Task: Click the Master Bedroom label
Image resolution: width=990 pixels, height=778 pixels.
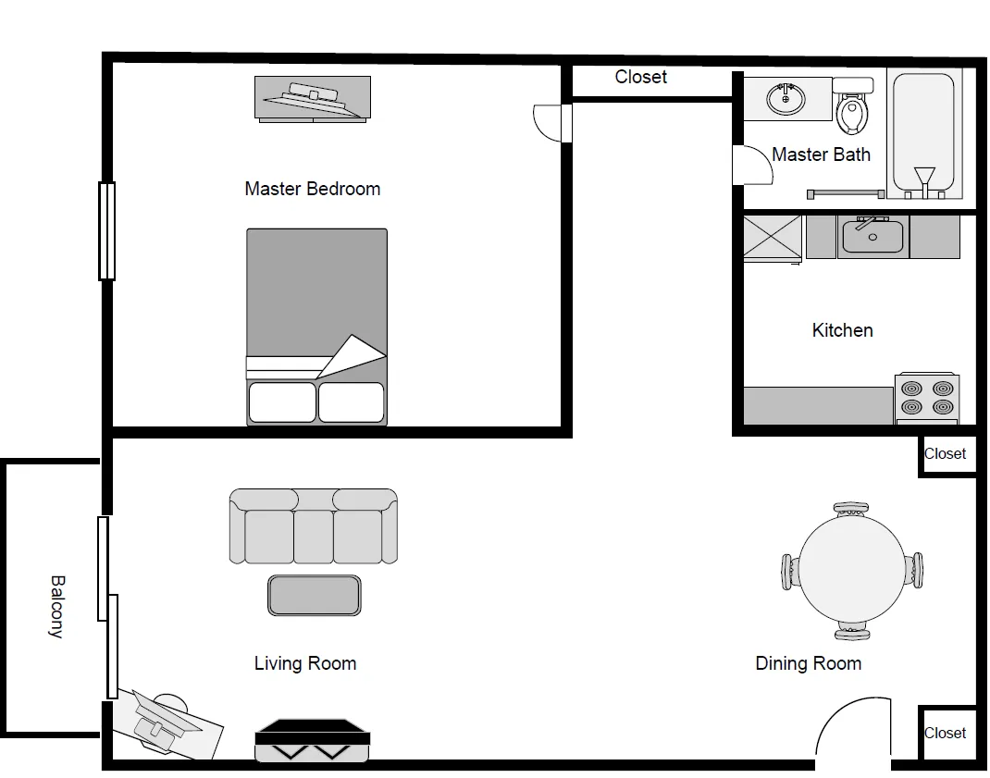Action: point(312,189)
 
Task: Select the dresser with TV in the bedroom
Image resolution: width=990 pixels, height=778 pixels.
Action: point(313,98)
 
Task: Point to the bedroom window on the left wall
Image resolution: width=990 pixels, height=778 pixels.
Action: point(107,230)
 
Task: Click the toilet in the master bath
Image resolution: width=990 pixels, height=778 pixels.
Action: point(851,107)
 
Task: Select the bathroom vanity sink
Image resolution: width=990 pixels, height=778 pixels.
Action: point(787,98)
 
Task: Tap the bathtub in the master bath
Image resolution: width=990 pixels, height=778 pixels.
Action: point(922,134)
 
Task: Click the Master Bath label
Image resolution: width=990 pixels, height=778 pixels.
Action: point(821,154)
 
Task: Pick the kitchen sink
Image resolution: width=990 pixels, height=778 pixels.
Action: point(871,237)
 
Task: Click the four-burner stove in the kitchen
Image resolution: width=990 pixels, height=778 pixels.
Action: point(927,398)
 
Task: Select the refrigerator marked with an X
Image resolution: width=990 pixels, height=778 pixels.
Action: point(773,237)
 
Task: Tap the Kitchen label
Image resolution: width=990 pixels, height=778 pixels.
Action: point(842,330)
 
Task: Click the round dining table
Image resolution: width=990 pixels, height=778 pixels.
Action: point(852,570)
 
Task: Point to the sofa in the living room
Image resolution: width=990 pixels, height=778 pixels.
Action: point(313,526)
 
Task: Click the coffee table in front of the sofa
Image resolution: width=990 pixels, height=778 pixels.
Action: point(314,595)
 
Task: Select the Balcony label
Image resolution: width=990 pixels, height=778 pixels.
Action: point(56,607)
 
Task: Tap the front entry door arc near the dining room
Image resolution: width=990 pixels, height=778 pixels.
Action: point(851,726)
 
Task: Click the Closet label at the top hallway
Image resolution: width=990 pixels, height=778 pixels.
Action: point(640,77)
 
